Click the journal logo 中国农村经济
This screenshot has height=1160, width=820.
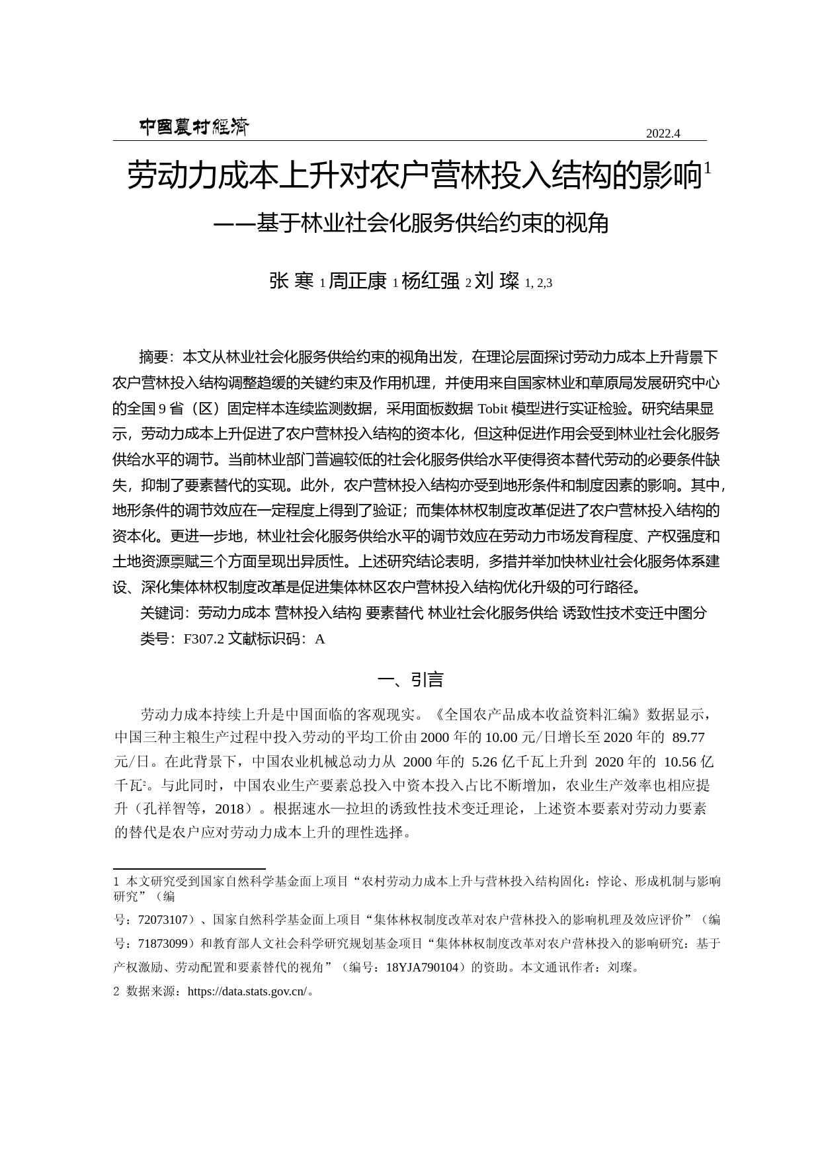coord(194,127)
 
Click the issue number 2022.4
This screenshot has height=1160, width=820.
coord(663,134)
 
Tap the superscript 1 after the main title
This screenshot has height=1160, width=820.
coord(708,169)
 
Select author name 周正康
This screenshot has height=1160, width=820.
coord(357,281)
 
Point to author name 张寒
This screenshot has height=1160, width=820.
coord(291,281)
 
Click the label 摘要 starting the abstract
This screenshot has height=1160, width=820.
coord(153,358)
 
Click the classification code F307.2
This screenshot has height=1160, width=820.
coord(204,639)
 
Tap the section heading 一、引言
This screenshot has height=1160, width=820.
coord(410,680)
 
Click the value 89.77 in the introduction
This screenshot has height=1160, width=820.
coord(688,737)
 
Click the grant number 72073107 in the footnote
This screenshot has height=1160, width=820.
coord(162,920)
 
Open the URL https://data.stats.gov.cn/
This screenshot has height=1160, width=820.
coord(247,992)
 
